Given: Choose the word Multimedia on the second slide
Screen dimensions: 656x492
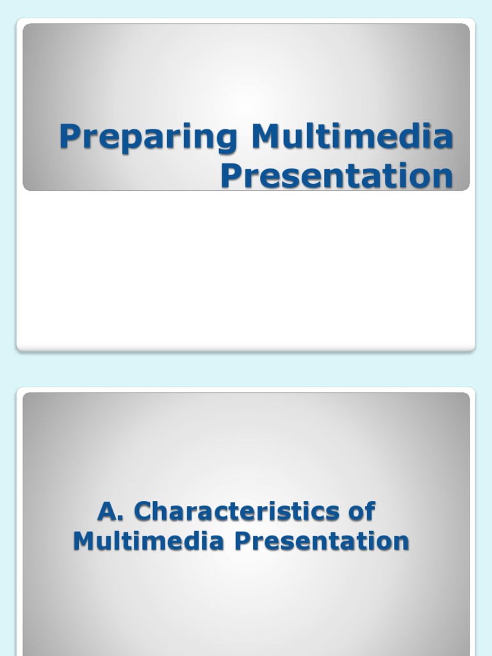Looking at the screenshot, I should (x=149, y=541).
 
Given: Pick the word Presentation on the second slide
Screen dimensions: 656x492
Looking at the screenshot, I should (x=322, y=541).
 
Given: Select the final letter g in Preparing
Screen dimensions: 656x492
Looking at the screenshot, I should (x=228, y=141).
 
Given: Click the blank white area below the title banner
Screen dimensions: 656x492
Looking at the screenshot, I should (x=246, y=269).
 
